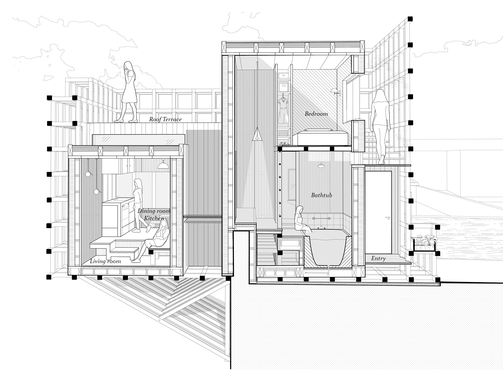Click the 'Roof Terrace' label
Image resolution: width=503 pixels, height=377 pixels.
click(x=165, y=119)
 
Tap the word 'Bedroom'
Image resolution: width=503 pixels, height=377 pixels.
click(x=316, y=114)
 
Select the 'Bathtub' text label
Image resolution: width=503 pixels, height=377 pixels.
click(x=321, y=195)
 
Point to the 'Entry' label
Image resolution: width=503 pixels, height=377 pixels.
click(x=378, y=258)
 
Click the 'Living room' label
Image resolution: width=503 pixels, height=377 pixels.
click(x=105, y=261)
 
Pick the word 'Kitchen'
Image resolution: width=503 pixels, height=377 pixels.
click(x=154, y=218)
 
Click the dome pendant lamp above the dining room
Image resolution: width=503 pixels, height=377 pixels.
click(x=163, y=165)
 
